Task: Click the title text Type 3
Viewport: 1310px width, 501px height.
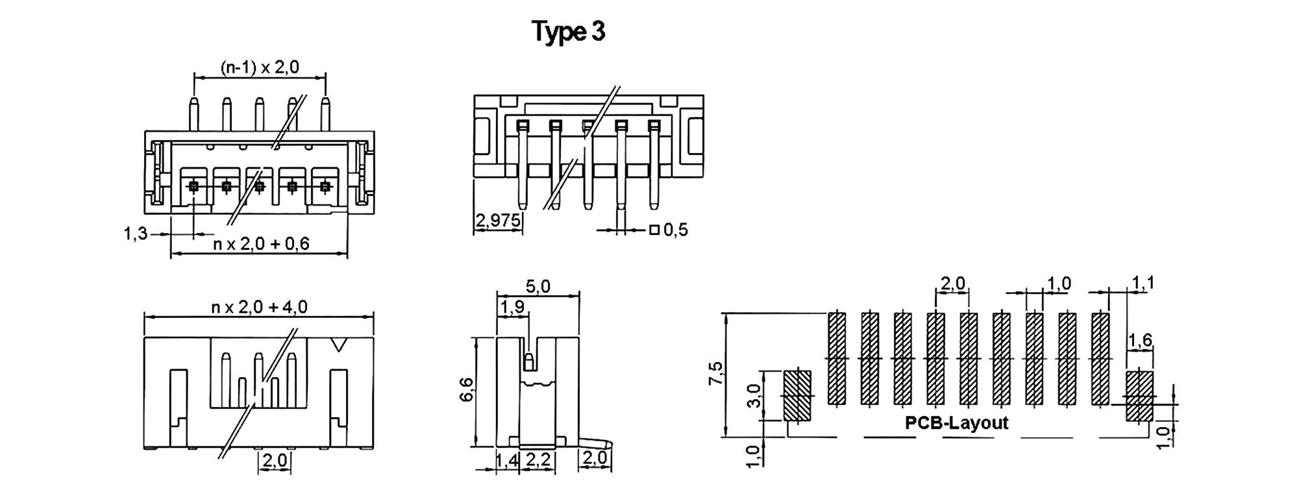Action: pyautogui.click(x=569, y=32)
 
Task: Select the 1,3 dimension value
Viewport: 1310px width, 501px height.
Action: pyautogui.click(x=136, y=234)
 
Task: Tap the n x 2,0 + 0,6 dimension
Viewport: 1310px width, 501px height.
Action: pyautogui.click(x=262, y=244)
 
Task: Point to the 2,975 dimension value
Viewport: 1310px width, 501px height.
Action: pyautogui.click(x=499, y=221)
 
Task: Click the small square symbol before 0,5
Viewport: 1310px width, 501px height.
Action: pyautogui.click(x=654, y=230)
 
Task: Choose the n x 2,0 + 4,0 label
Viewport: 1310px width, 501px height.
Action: pyautogui.click(x=260, y=306)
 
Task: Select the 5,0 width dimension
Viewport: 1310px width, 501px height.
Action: pyautogui.click(x=538, y=286)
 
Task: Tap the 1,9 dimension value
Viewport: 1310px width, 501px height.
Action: pyautogui.click(x=513, y=307)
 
